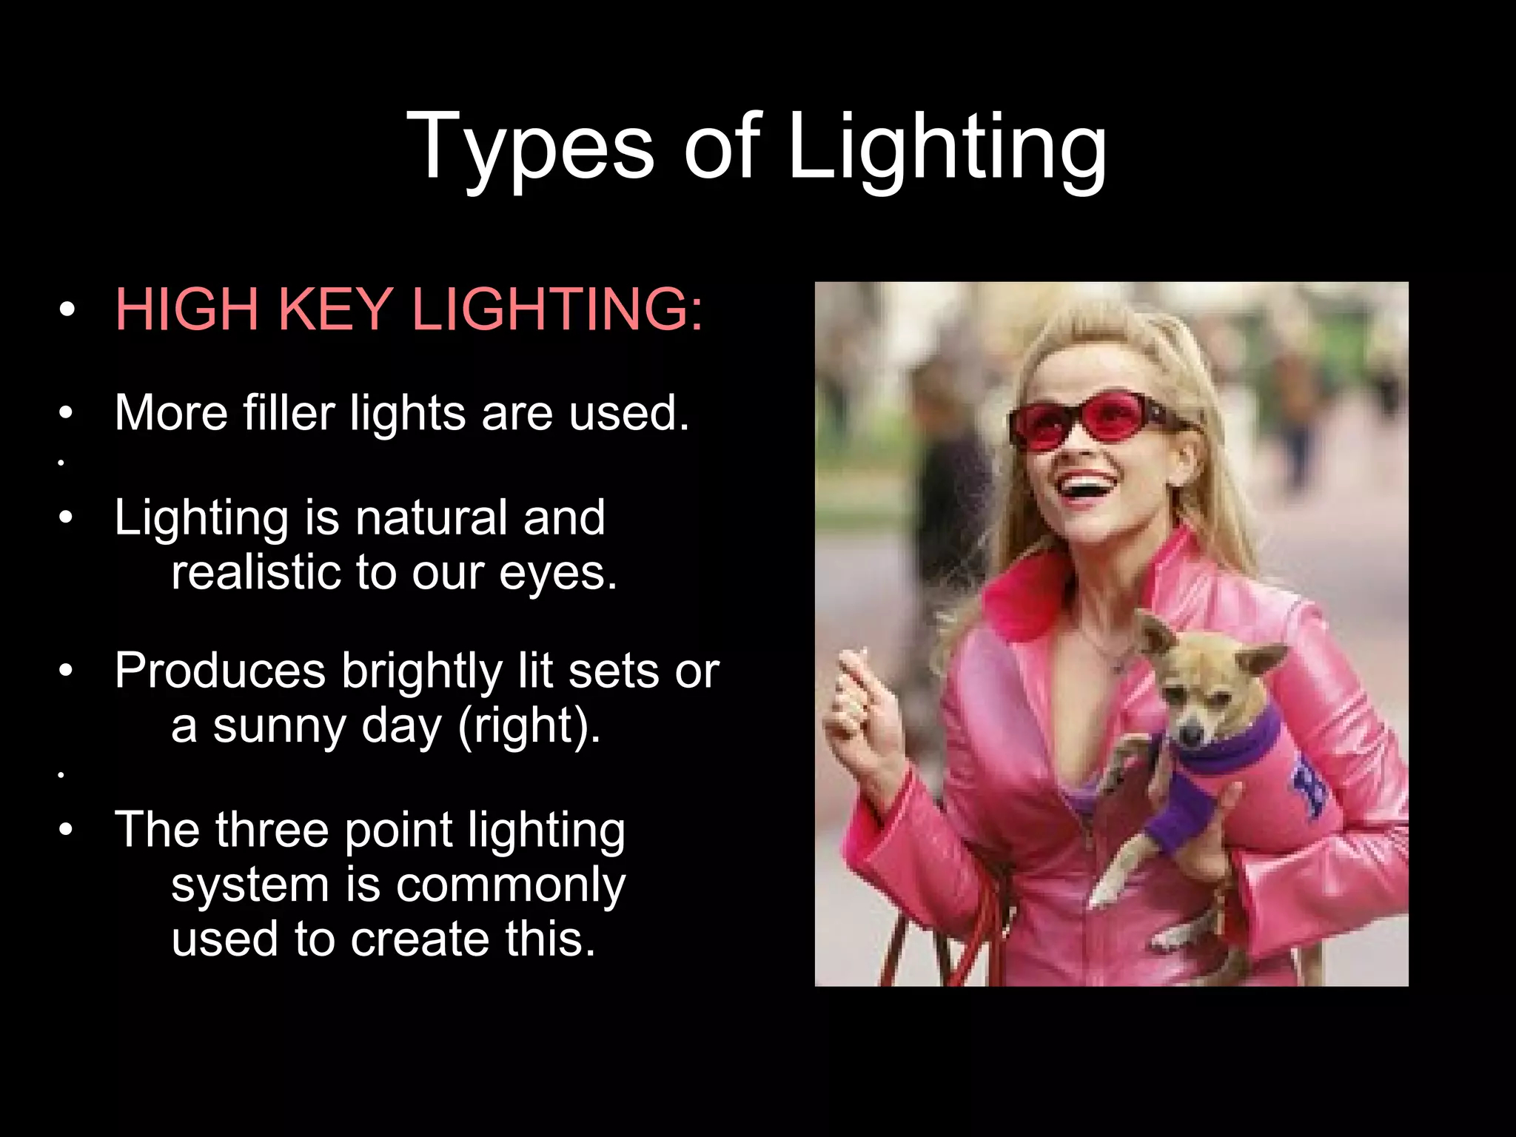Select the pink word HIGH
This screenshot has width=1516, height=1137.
187,309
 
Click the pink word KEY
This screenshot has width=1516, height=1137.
335,309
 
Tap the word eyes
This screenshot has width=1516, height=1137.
557,573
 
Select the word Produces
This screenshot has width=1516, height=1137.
220,671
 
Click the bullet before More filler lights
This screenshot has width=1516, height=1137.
67,412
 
